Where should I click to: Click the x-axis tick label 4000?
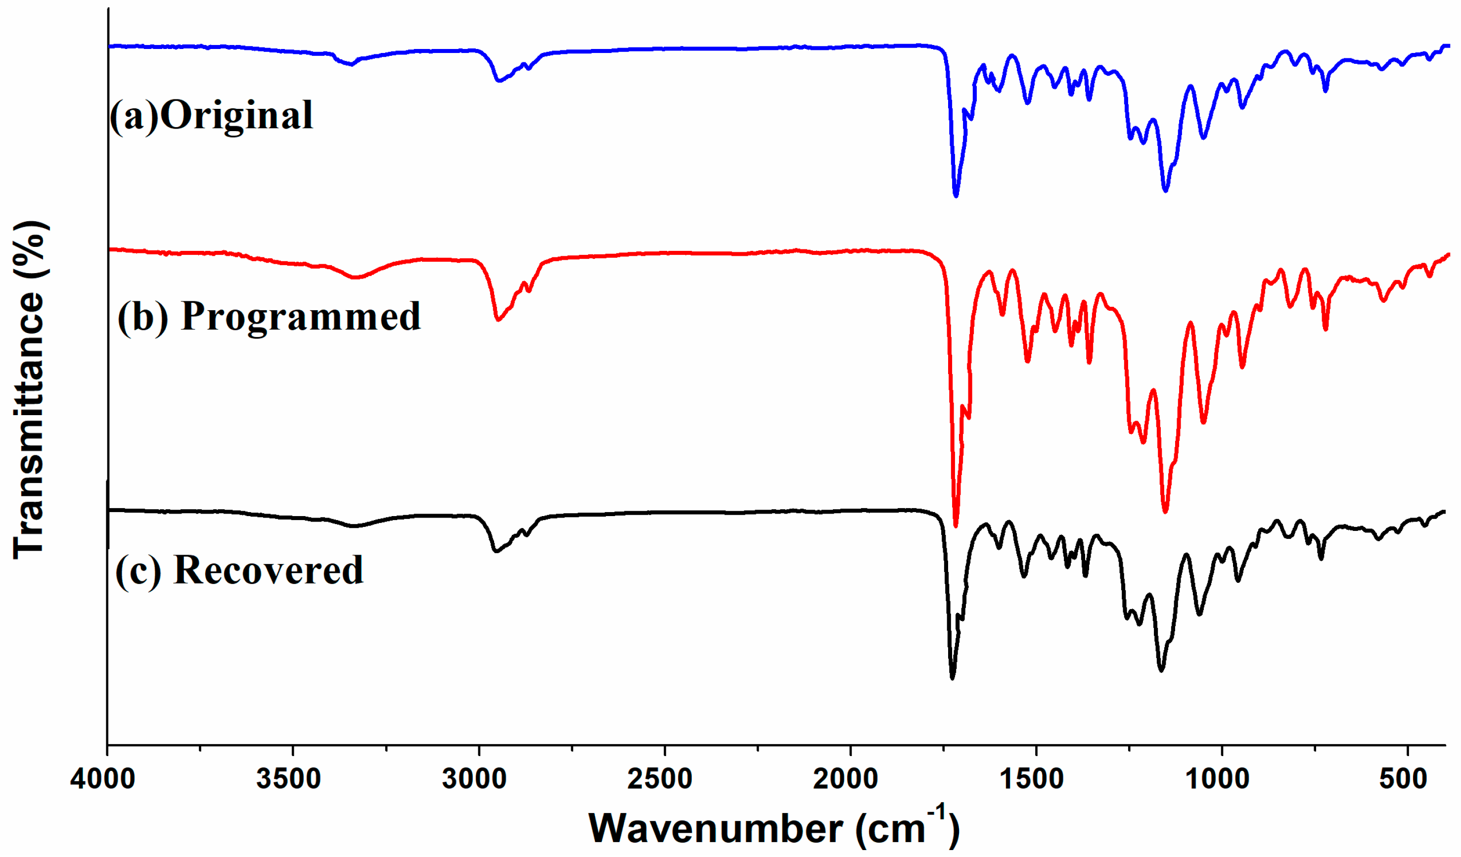[x=103, y=779]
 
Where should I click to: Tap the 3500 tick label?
[x=289, y=779]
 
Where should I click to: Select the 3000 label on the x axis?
[x=474, y=779]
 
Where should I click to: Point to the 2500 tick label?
[x=660, y=779]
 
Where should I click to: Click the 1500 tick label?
[x=1032, y=779]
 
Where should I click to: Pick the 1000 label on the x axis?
[x=1218, y=779]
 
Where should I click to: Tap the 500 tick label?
[x=1403, y=779]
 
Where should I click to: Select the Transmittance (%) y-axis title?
[x=29, y=389]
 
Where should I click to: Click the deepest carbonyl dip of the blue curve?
[x=956, y=195]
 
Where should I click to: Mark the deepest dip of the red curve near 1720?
[x=956, y=525]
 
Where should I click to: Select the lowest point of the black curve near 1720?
[x=952, y=677]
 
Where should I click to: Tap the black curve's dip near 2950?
[x=496, y=551]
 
